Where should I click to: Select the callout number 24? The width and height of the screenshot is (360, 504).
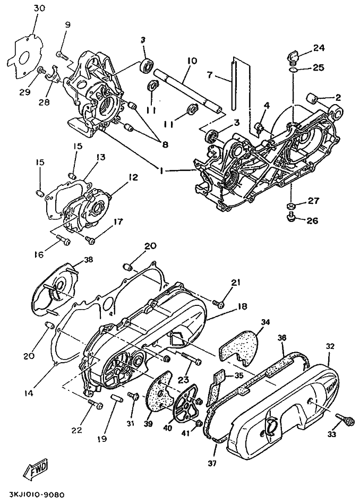(x=319, y=48)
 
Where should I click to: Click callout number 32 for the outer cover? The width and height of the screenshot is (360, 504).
(x=330, y=346)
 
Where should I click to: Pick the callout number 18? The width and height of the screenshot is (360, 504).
(x=243, y=306)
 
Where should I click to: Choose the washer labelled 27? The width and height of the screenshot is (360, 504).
(x=290, y=206)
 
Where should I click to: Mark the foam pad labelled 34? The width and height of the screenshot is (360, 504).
(x=239, y=346)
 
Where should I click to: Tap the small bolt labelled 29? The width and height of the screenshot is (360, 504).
(x=41, y=70)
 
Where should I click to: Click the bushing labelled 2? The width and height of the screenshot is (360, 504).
(x=312, y=97)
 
